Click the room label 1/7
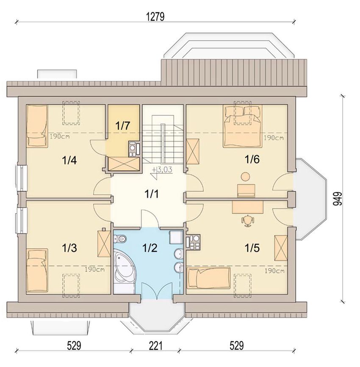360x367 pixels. click(x=122, y=126)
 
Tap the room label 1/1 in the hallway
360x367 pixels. click(x=152, y=194)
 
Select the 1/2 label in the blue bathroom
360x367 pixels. click(x=150, y=248)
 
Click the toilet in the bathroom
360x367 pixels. click(x=120, y=239)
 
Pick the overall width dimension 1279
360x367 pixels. click(x=155, y=17)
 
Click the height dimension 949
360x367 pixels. click(x=338, y=199)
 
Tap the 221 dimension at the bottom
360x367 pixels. click(x=155, y=345)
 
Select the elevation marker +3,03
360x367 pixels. click(x=162, y=170)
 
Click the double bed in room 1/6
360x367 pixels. click(x=242, y=126)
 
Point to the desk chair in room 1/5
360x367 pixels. click(x=247, y=221)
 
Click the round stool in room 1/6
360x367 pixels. click(x=245, y=176)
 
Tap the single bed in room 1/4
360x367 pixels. click(x=37, y=126)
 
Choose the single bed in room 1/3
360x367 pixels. click(x=37, y=270)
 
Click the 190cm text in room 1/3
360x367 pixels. click(x=94, y=270)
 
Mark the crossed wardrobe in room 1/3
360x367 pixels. click(x=104, y=244)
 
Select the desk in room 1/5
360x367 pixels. click(x=247, y=207)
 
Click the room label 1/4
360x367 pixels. click(x=69, y=161)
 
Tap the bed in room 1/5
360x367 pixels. click(x=209, y=278)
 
